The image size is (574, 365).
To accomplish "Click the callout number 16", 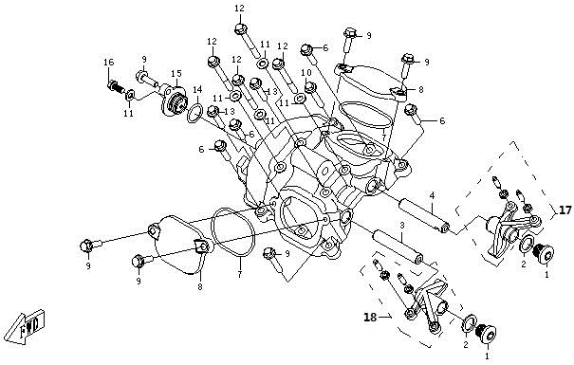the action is pyautogui.click(x=109, y=63).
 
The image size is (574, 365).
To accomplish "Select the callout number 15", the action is pyautogui.click(x=176, y=74).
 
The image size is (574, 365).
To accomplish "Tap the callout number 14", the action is pyautogui.click(x=197, y=90).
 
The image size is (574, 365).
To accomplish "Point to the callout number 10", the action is pyautogui.click(x=306, y=73).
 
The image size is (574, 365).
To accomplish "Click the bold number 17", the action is pyautogui.click(x=565, y=210).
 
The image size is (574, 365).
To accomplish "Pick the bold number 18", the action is pyautogui.click(x=370, y=317).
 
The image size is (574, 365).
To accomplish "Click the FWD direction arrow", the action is pyautogui.click(x=27, y=326).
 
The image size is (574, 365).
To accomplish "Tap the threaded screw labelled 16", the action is pyautogui.click(x=117, y=87).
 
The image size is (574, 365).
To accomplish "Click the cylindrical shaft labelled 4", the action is pyautogui.click(x=424, y=216).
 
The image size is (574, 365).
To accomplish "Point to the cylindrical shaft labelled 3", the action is pyautogui.click(x=398, y=246).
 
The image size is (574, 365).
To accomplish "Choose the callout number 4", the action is pyautogui.click(x=432, y=196).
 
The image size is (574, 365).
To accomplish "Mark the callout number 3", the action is pyautogui.click(x=401, y=226).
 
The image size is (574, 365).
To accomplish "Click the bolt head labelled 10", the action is pyautogui.click(x=310, y=87).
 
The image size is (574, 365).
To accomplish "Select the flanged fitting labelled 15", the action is pyautogui.click(x=174, y=100).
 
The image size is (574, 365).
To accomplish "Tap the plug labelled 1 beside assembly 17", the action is pyautogui.click(x=544, y=253).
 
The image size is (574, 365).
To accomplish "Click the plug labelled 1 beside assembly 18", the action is pyautogui.click(x=486, y=334).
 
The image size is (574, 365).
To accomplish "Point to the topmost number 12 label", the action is pyautogui.click(x=239, y=8).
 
